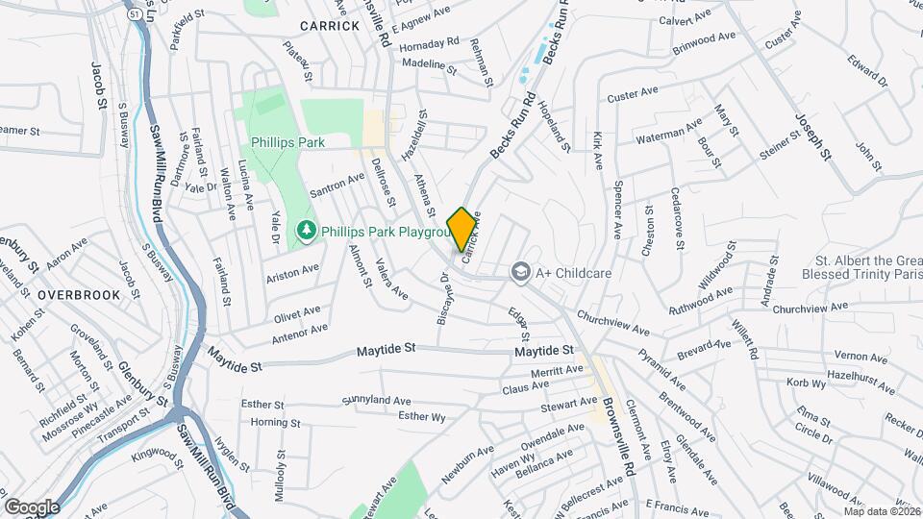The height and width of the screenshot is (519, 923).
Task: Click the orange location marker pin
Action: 461,230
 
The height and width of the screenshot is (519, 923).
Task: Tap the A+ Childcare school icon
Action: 521,272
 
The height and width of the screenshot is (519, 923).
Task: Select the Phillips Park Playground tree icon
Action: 306,230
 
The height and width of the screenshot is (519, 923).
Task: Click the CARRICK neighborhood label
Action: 329,25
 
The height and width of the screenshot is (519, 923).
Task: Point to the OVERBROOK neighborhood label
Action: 80,295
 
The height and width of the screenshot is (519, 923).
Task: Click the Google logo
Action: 31,507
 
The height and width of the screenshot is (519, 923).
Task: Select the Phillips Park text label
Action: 288,141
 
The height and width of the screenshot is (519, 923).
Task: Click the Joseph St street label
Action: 812,135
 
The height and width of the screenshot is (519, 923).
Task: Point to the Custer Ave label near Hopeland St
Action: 632,94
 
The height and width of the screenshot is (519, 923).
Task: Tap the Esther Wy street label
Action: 422,416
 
